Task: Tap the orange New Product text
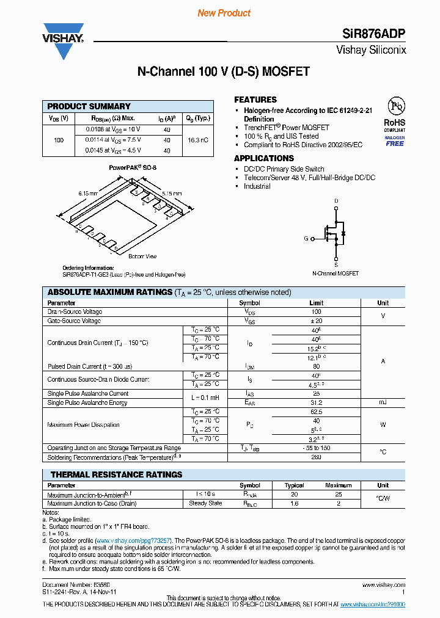(x=224, y=13)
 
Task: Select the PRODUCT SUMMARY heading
(x=89, y=106)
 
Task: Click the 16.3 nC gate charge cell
(x=197, y=140)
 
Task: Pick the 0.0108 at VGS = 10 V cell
(x=108, y=129)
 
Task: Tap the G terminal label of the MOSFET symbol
(x=306, y=239)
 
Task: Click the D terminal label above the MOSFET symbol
(x=335, y=201)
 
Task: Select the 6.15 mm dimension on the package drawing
(x=87, y=193)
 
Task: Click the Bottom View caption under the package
(x=142, y=256)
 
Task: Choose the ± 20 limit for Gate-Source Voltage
(x=316, y=321)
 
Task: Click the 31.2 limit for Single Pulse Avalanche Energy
(x=316, y=402)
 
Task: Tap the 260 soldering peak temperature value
(x=316, y=457)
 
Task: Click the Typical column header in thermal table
(x=294, y=485)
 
